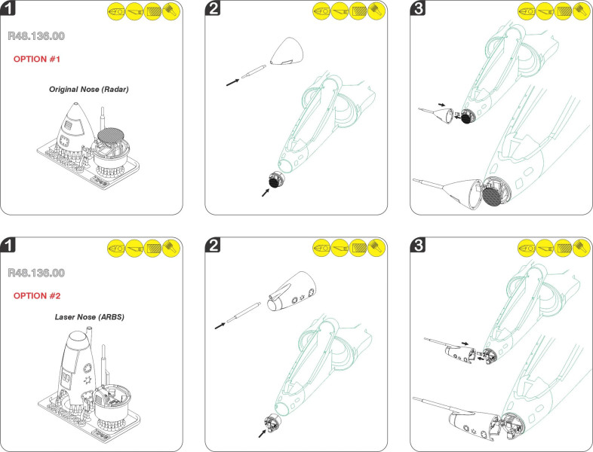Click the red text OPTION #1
tap(37, 59)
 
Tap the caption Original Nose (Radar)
tap(90, 89)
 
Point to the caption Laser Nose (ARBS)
tap(90, 318)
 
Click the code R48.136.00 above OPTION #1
tap(35, 36)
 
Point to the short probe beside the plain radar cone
tap(252, 72)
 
